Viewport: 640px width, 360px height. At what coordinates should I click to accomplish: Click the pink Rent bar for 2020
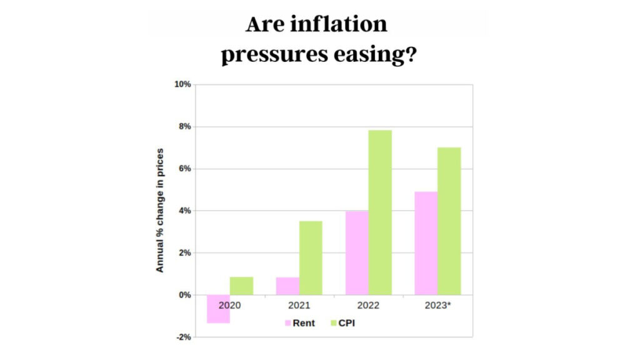click(x=218, y=309)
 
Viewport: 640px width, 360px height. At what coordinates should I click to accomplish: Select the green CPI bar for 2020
click(x=241, y=286)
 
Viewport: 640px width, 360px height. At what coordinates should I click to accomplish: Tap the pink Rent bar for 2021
click(x=287, y=286)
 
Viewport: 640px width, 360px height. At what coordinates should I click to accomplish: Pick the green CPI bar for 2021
click(x=311, y=257)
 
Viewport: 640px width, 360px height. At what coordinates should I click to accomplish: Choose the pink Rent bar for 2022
click(x=357, y=252)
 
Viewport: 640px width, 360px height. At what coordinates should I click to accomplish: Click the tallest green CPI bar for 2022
click(x=380, y=212)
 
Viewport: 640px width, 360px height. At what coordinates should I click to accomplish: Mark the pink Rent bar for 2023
click(x=426, y=243)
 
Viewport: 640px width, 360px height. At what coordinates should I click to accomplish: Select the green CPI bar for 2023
click(x=449, y=221)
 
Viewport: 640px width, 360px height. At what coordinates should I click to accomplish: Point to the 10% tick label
click(x=182, y=84)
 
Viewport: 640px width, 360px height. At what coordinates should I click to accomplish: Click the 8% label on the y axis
click(x=184, y=126)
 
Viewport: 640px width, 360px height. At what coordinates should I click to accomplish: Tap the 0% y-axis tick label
click(x=184, y=295)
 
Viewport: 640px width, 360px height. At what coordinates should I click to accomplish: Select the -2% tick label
click(x=183, y=337)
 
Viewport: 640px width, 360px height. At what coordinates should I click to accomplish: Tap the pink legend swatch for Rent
click(x=287, y=323)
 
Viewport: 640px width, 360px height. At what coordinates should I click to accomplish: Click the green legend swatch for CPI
click(x=333, y=323)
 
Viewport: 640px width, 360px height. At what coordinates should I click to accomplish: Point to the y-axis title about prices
click(x=160, y=210)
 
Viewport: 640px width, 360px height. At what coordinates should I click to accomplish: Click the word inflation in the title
click(x=336, y=24)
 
